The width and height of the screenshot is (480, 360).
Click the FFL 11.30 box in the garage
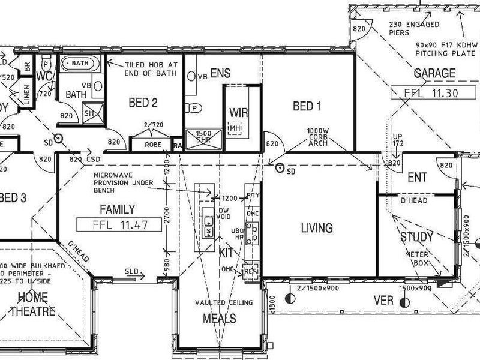coord(424,93)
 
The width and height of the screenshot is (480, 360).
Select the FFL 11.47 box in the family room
coord(112,225)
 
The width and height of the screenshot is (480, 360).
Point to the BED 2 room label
coord(143,103)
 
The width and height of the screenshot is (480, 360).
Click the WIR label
coord(239,113)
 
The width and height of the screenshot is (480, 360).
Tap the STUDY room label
coord(416,237)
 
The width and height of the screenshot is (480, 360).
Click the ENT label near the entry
coord(417,178)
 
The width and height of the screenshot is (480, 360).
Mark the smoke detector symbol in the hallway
coord(58,139)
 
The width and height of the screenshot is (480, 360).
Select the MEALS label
coord(219,318)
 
